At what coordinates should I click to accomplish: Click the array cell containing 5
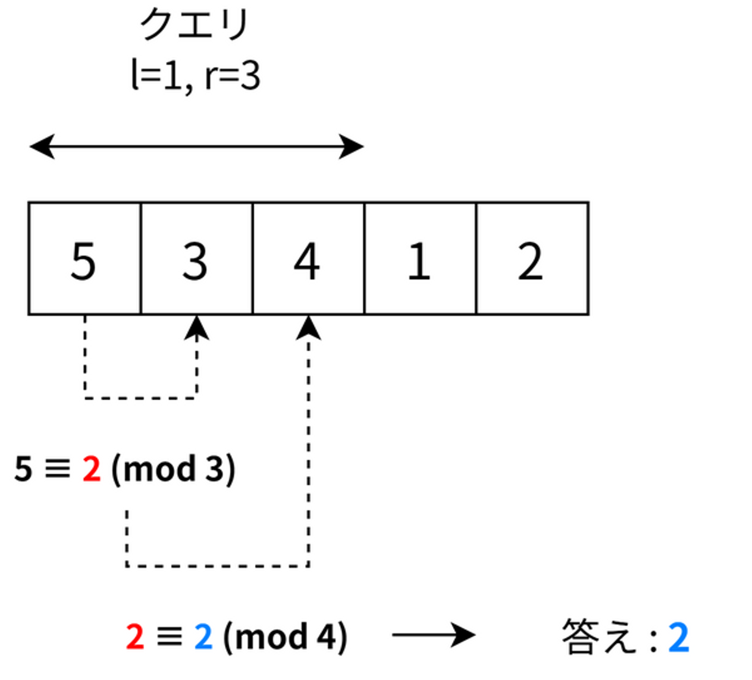[84, 259]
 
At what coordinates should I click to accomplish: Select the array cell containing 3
[196, 259]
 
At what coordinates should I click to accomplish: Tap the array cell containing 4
[308, 259]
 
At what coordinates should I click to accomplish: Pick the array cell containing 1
[420, 259]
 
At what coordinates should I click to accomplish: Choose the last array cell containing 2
[532, 259]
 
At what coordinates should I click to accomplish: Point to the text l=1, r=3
[195, 76]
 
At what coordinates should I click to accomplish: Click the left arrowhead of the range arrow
[42, 146]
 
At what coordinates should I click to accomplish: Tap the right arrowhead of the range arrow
[351, 146]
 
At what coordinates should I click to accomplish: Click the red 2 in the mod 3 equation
[91, 469]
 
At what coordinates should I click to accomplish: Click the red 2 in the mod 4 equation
[135, 637]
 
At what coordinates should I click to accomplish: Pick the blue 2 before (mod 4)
[203, 637]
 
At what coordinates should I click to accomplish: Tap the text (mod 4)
[285, 637]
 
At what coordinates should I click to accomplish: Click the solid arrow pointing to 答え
[433, 635]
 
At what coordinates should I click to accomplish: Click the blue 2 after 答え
[679, 637]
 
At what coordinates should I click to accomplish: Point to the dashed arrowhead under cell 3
[197, 328]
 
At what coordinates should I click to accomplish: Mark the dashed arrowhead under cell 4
[309, 328]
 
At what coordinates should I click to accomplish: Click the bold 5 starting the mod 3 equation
[23, 469]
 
